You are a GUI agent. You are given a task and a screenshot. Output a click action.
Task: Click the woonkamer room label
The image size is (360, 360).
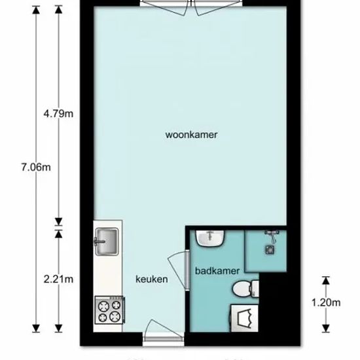pos(191,135)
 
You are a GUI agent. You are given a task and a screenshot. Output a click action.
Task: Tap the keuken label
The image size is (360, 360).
pos(152,279)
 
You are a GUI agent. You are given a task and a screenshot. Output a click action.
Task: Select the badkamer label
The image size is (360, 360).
pos(217,271)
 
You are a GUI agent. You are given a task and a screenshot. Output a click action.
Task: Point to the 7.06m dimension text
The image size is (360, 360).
pos(36,167)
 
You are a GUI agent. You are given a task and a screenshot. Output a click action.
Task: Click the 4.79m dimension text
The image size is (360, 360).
pos(58,114)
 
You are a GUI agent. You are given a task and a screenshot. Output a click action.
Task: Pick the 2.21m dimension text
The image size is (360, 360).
pos(58,279)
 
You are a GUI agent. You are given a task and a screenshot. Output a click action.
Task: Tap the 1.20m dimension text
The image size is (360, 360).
pos(326,302)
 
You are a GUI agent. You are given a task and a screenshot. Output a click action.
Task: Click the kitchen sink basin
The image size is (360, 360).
pos(107,242)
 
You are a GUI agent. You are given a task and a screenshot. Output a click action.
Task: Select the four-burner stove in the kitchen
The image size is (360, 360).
pos(110,310)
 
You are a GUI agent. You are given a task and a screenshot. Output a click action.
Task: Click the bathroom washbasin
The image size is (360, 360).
pos(210,238)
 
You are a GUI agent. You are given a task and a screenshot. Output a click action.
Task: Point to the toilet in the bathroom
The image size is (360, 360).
pos(245,289)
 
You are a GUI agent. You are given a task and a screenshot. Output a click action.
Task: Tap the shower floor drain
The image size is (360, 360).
pos(270,249)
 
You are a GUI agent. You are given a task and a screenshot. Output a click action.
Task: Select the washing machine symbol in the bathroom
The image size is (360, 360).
pos(244,318)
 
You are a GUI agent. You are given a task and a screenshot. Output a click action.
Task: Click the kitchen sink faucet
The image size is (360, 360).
pos(99,242)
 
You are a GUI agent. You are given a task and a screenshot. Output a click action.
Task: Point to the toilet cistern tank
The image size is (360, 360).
pos(255,289)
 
